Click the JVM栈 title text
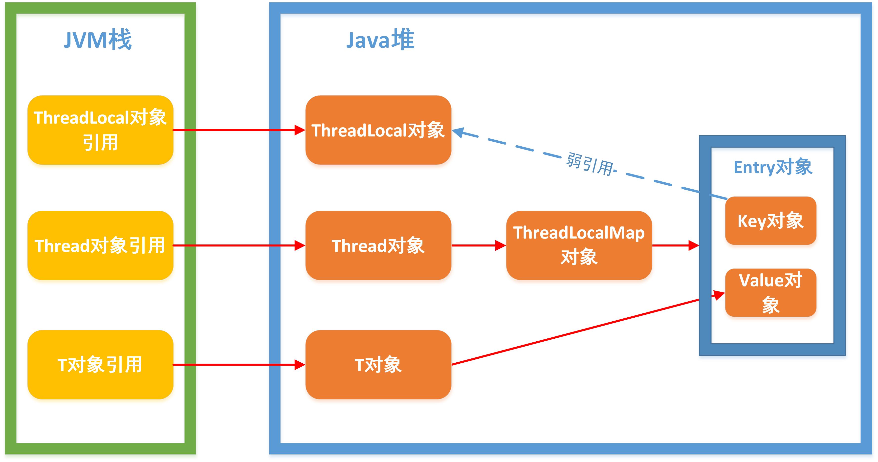click(98, 40)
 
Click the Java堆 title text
click(380, 40)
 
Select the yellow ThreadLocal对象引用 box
click(100, 130)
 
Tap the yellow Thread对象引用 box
click(100, 245)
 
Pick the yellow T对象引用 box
click(100, 365)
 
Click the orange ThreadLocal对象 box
click(378, 130)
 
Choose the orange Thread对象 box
click(378, 245)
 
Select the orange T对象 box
click(378, 365)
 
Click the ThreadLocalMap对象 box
click(579, 245)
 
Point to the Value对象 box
click(771, 292)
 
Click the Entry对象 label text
click(773, 167)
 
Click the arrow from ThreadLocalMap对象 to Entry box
click(675, 245)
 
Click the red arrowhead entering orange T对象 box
click(299, 365)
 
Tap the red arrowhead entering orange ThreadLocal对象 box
click(299, 130)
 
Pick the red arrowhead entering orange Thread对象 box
click(299, 245)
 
